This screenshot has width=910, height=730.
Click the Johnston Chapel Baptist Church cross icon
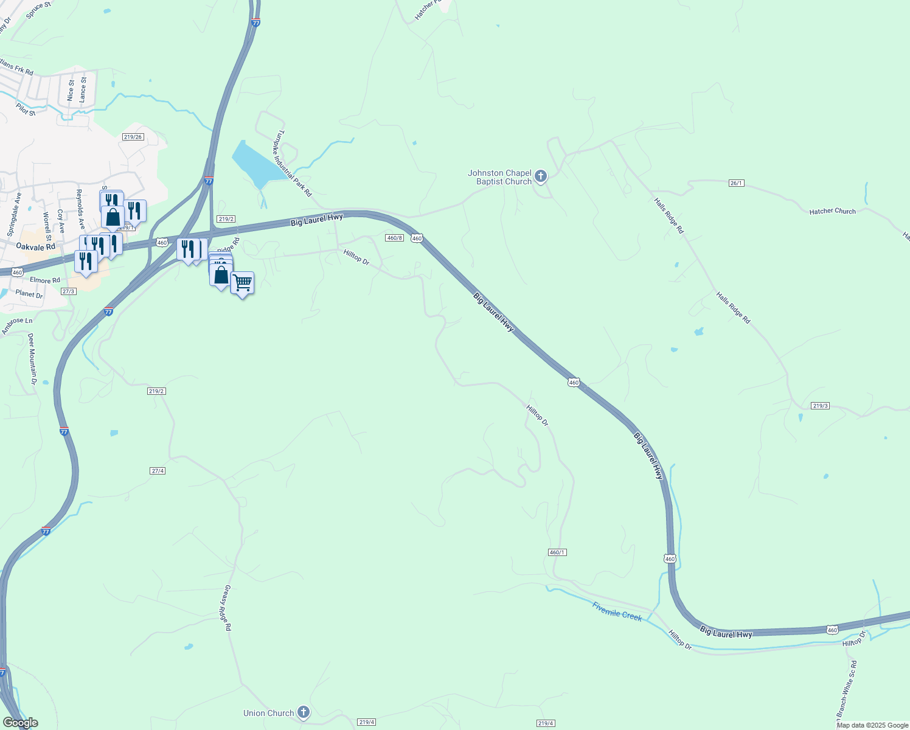(541, 177)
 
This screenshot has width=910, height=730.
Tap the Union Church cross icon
(304, 712)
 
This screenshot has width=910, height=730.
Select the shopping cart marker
(242, 282)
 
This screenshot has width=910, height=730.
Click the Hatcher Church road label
(832, 211)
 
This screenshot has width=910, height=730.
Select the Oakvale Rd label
(35, 246)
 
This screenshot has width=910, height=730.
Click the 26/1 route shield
(736, 183)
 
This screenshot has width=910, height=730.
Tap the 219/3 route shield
(820, 406)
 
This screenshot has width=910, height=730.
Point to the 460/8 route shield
(394, 238)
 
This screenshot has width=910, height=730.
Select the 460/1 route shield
(557, 552)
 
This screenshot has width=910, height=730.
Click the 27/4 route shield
(157, 471)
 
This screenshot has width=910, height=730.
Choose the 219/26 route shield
(132, 137)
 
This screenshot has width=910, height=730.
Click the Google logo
(20, 723)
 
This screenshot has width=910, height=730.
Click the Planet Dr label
(29, 294)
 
